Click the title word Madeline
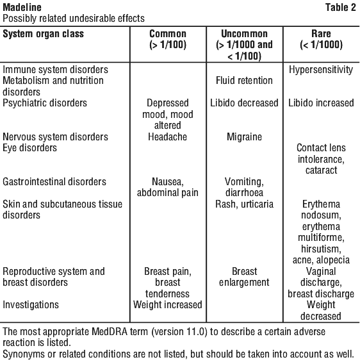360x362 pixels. point(22,8)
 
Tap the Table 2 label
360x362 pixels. point(341,8)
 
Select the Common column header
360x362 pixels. point(168,39)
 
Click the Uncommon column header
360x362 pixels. point(245,45)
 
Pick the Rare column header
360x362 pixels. point(321,39)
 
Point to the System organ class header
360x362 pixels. point(43,34)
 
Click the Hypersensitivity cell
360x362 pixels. point(321,70)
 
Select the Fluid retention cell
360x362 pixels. point(244,81)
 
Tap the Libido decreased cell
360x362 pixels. point(244,103)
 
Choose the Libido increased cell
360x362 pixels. point(321,103)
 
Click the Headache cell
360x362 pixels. point(168,136)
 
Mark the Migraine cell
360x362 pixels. point(245,136)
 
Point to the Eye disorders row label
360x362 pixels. point(29,148)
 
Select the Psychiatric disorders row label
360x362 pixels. point(45,103)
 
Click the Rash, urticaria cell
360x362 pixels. point(245,204)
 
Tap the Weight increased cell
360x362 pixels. point(168,305)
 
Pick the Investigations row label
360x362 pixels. point(31,305)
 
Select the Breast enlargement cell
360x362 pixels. point(244,277)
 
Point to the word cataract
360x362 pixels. point(321,170)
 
